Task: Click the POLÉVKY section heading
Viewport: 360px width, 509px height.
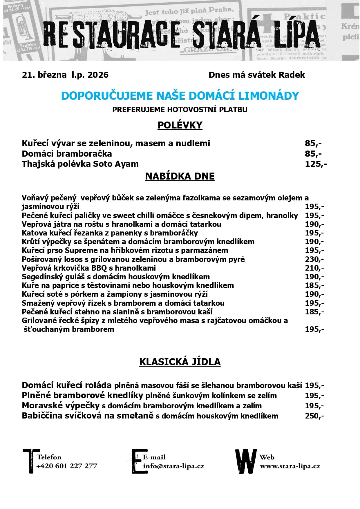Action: coord(180,125)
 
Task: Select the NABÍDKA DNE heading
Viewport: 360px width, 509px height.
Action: coord(180,176)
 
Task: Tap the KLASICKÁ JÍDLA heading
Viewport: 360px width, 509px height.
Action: coord(180,362)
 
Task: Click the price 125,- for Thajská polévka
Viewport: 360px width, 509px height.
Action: coord(316,164)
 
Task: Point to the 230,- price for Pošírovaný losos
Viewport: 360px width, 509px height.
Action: coord(314,259)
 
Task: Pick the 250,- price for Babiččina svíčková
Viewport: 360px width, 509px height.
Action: coord(314,416)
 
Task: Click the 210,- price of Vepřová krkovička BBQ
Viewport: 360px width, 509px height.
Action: coord(314,268)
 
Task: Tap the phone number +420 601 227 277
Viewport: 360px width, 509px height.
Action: coord(67,466)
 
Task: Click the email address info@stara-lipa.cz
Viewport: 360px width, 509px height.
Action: coord(173,466)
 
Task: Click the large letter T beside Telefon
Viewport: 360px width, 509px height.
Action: coord(30,461)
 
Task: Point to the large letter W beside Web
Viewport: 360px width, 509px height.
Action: coord(246,461)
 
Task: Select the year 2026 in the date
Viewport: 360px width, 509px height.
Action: coord(98,75)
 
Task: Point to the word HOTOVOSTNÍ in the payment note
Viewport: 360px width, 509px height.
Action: coord(192,110)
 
